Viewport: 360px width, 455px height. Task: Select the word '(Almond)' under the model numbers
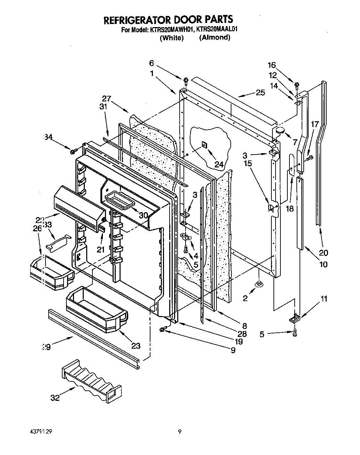pyautogui.click(x=214, y=38)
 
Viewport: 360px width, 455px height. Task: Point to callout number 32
pyautogui.click(x=55, y=398)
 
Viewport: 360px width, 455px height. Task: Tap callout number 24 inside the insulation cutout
pyautogui.click(x=219, y=164)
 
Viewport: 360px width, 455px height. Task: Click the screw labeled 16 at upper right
pyautogui.click(x=297, y=84)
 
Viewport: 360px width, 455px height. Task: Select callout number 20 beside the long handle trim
pyautogui.click(x=324, y=253)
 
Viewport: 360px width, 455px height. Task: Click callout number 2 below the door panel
pyautogui.click(x=245, y=298)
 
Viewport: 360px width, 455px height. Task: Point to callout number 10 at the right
pyautogui.click(x=323, y=265)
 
